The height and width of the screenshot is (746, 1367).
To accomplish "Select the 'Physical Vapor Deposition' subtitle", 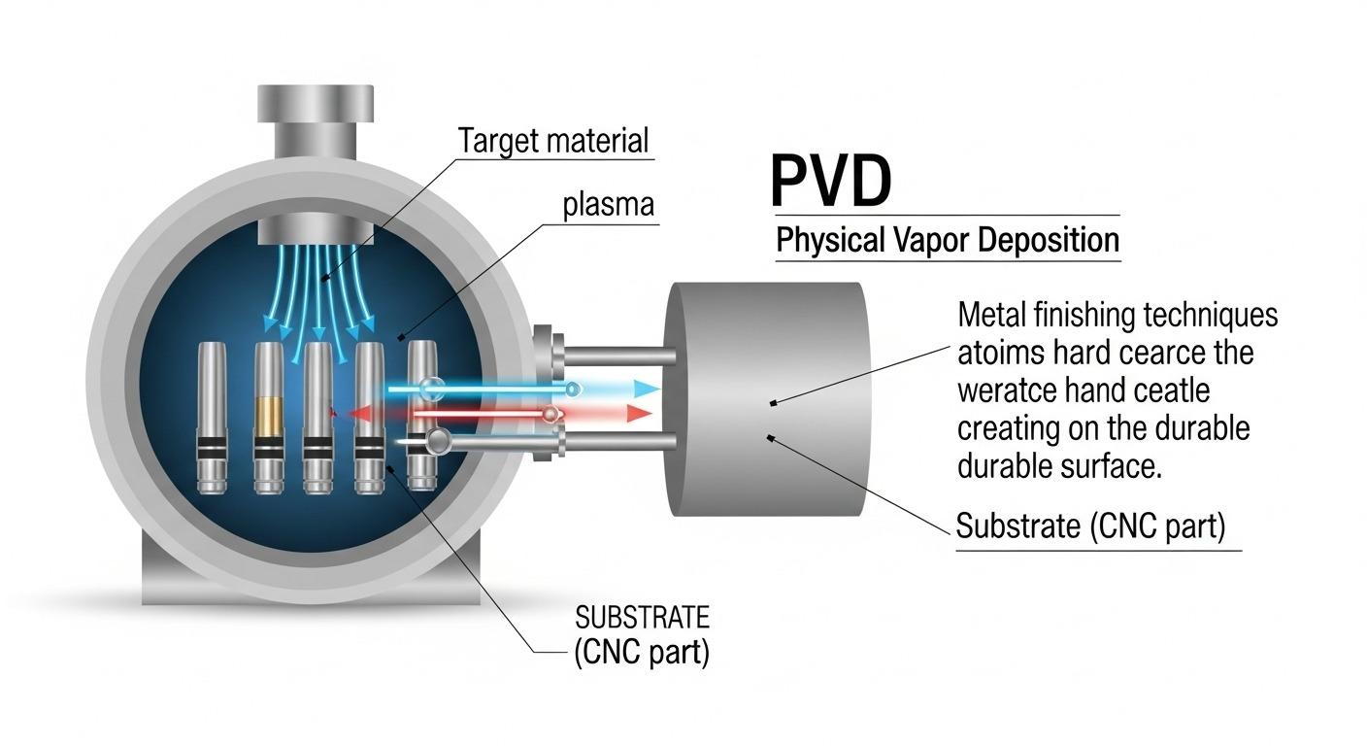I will click(x=947, y=240).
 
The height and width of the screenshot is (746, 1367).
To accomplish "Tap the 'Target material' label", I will click(x=552, y=141).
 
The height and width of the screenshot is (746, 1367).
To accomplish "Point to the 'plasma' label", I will click(x=609, y=206).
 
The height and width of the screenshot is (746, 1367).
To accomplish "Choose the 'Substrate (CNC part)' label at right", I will click(x=1090, y=526).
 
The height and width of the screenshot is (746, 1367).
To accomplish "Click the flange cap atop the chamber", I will click(x=315, y=104).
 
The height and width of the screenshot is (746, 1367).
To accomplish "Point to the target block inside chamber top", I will click(x=315, y=231).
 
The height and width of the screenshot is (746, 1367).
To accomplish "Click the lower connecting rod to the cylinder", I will click(x=621, y=443).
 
